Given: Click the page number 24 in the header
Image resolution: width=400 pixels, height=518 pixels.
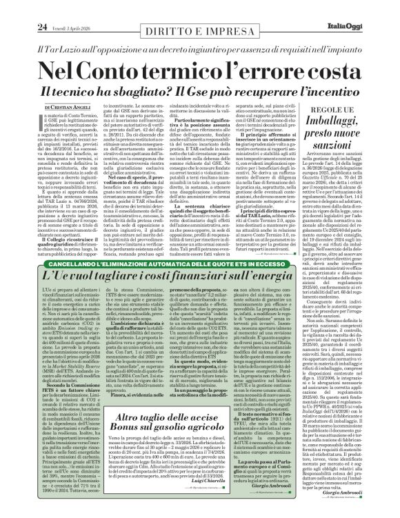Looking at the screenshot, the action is pyautogui.click(x=22, y=8).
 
